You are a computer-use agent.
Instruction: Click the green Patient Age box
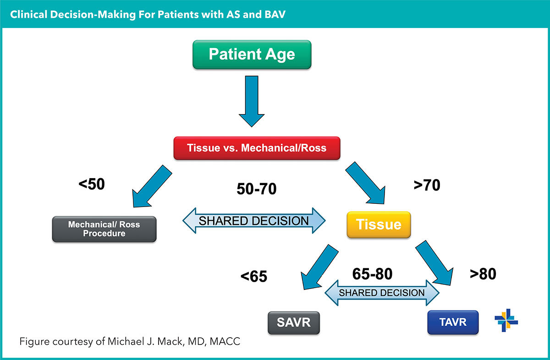252,55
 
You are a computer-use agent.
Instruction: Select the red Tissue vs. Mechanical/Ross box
257,148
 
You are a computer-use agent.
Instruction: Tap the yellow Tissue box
379,224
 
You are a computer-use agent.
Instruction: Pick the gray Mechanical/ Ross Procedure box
104,229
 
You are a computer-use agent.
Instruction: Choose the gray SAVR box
293,322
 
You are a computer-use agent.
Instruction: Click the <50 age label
92,184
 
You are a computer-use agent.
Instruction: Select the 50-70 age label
257,188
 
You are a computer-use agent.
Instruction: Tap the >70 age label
427,185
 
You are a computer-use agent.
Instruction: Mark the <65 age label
253,277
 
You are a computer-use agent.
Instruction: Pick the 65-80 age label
372,274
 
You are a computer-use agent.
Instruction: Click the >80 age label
483,274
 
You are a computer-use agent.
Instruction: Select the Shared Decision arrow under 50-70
254,221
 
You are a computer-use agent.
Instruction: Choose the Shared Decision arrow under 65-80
382,293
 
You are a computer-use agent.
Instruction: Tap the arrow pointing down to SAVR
320,268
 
